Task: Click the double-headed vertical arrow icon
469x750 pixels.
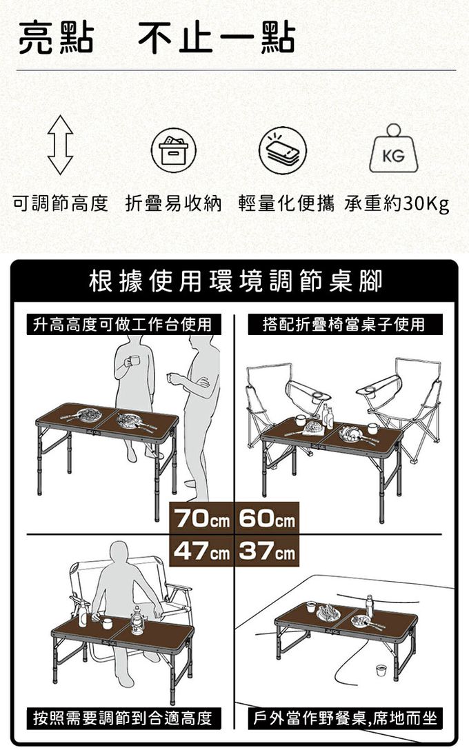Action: coord(60,145)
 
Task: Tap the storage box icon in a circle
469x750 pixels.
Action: coord(174,150)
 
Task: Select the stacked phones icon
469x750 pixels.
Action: coord(282,150)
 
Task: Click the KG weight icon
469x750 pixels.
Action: coord(393,148)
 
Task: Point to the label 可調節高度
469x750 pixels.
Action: coord(60,204)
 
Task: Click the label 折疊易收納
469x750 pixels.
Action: coord(174,204)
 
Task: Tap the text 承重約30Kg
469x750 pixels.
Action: coord(397,204)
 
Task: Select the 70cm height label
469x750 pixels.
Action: coord(201,518)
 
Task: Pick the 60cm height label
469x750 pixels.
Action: coord(267,518)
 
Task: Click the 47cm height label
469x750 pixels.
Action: coord(201,551)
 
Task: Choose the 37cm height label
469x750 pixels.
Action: coord(267,551)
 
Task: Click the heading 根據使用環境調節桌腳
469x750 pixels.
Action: coord(235,281)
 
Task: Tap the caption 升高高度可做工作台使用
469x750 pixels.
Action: coord(123,324)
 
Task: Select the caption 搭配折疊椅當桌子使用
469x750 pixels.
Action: coord(345,324)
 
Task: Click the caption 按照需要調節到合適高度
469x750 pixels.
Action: coord(123,718)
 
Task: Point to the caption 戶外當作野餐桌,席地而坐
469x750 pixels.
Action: coord(345,718)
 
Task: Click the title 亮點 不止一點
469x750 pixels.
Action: coord(157,38)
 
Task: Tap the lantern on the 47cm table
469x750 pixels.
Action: coord(137,620)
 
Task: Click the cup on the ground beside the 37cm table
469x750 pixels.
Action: coord(381,670)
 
